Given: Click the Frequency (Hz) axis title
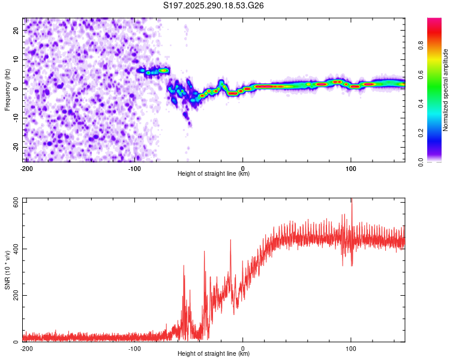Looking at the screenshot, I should tap(7, 89).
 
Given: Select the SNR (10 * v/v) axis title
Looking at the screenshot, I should tap(7, 270).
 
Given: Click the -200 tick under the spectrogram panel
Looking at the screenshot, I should tap(26, 167).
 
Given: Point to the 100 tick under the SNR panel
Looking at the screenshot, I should tap(351, 347).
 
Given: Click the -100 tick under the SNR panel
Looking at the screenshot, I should tap(134, 347).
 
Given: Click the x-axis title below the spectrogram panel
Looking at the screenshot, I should tap(214, 174).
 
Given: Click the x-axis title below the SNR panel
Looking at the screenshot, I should tap(214, 354).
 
